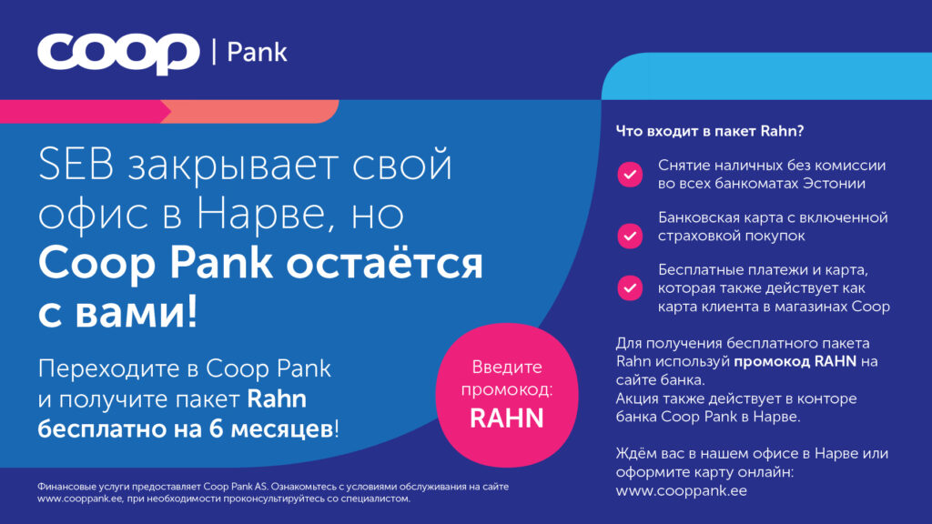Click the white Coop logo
coord(118,54)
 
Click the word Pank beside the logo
coord(257,52)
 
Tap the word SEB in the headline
coord(76,164)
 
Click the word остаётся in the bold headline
coord(385,263)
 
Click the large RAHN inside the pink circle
coord(506,418)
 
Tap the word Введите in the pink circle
coord(506,368)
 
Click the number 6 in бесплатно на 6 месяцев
coord(217,428)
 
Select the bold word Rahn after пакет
coord(277,398)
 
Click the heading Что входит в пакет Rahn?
coord(710,131)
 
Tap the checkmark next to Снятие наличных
coord(630,175)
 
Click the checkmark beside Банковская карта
coord(630,236)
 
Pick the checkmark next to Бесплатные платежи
coord(630,288)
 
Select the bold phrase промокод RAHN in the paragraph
coord(795,361)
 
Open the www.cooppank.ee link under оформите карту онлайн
coord(681,490)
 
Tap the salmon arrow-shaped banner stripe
coord(249,112)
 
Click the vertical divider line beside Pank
coord(214,51)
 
